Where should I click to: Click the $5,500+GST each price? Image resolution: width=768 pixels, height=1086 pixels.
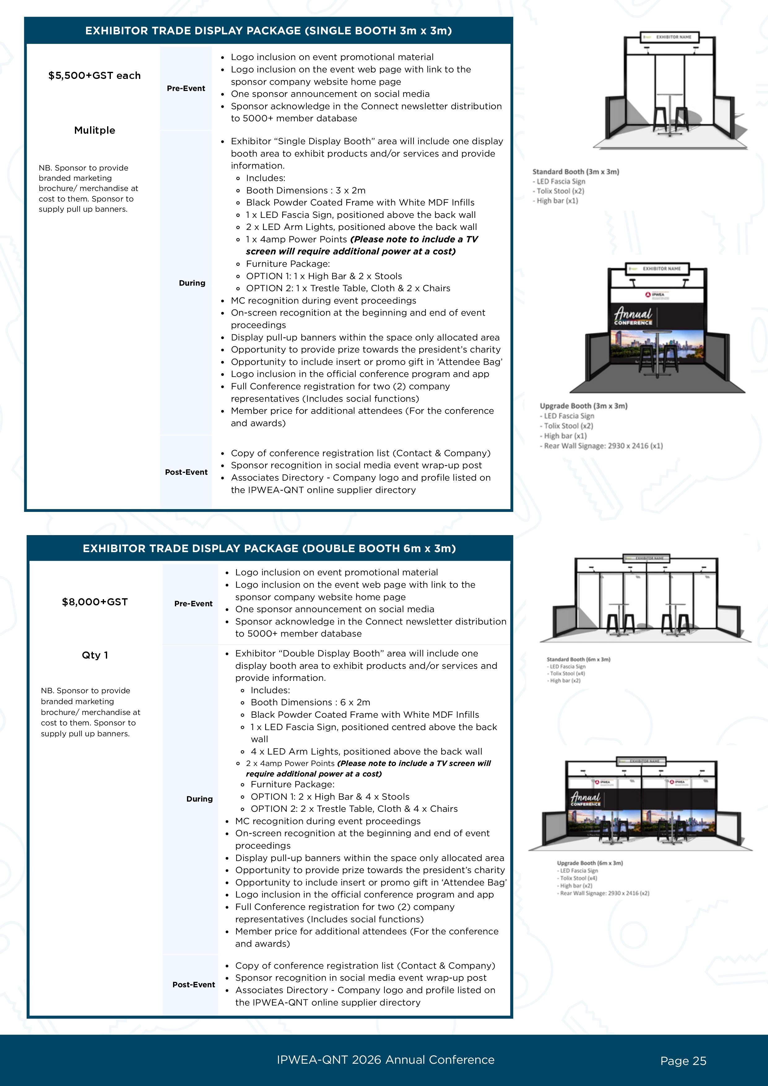pyautogui.click(x=95, y=76)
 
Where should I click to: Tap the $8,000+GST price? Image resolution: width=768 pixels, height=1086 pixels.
pyautogui.click(x=95, y=602)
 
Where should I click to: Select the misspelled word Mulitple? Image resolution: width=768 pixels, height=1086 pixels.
pyautogui.click(x=95, y=130)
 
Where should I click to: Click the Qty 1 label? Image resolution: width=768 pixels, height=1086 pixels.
pyautogui.click(x=95, y=655)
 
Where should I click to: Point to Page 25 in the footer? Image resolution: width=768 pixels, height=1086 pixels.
pyautogui.click(x=683, y=1061)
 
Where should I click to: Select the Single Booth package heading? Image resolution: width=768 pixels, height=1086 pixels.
pyautogui.click(x=268, y=31)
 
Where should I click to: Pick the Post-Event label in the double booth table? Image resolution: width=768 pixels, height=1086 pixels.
pyautogui.click(x=193, y=984)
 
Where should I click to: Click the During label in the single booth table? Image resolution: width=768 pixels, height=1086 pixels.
pyautogui.click(x=192, y=283)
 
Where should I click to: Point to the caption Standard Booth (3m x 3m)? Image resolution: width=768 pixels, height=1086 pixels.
pyautogui.click(x=575, y=172)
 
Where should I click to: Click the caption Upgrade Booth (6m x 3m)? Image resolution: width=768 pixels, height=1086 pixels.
pyautogui.click(x=590, y=863)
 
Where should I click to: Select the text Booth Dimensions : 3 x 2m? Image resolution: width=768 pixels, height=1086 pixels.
pyautogui.click(x=306, y=190)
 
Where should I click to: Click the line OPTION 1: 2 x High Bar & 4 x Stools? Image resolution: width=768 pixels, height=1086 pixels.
pyautogui.click(x=330, y=797)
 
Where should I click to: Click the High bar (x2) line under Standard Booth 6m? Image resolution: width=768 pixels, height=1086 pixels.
pyautogui.click(x=565, y=681)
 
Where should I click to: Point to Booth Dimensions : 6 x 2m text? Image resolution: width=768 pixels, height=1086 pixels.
pyautogui.click(x=310, y=703)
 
